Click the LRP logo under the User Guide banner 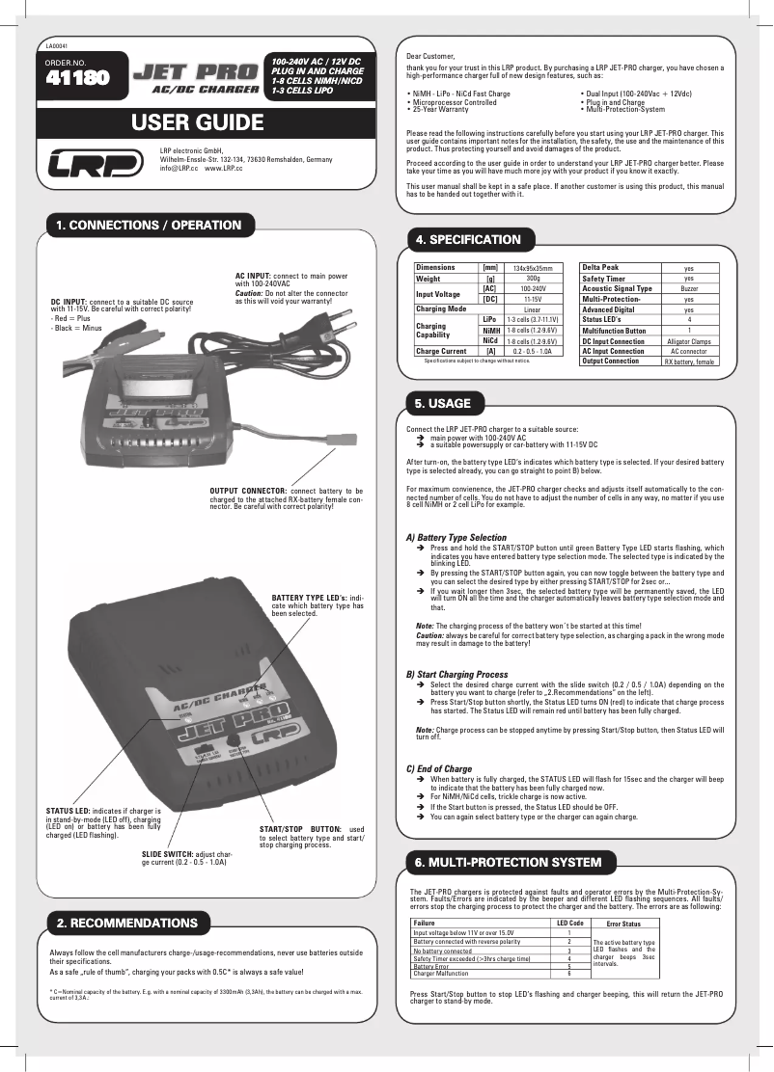click(x=97, y=164)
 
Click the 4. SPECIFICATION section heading click(x=467, y=239)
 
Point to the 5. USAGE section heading click(x=442, y=403)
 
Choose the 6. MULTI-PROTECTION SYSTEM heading click(x=508, y=861)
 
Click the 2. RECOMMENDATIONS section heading click(x=126, y=923)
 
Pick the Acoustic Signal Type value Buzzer click(x=689, y=288)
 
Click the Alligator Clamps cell click(x=689, y=341)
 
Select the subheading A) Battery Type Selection click(x=456, y=537)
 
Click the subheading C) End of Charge click(x=439, y=768)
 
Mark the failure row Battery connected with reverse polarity click(x=466, y=941)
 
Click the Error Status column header click(x=623, y=925)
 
